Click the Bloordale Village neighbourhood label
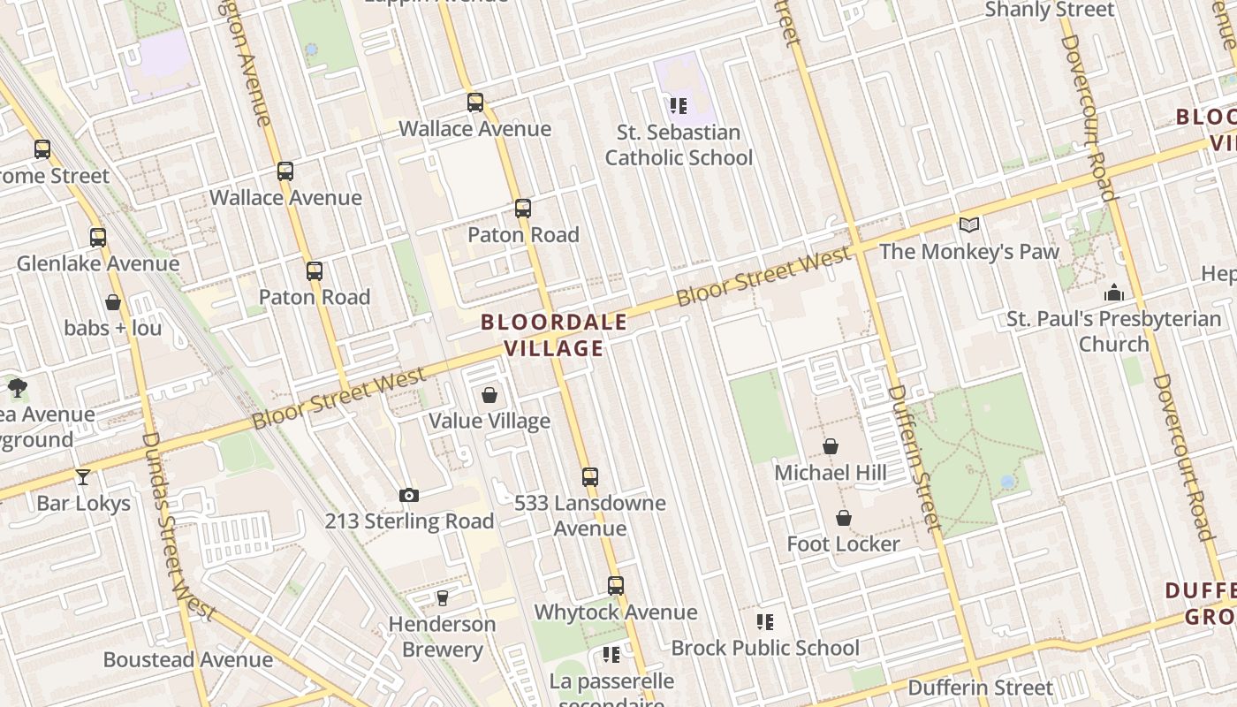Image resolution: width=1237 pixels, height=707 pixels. click(x=554, y=335)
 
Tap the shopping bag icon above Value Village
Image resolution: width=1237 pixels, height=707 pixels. click(x=489, y=395)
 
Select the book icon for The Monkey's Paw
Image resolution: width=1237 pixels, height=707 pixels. click(x=969, y=224)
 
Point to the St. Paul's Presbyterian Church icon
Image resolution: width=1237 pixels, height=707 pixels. click(x=1114, y=293)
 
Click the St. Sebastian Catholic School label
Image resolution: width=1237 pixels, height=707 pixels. click(x=679, y=145)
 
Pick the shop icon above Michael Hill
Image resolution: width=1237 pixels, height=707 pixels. click(x=831, y=446)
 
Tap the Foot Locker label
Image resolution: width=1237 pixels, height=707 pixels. click(x=843, y=544)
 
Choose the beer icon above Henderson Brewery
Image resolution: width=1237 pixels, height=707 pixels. click(x=443, y=598)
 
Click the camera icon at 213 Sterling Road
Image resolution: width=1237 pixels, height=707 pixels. click(x=408, y=495)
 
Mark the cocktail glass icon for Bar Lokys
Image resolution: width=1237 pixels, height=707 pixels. click(x=83, y=477)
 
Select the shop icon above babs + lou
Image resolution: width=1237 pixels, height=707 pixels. click(x=113, y=302)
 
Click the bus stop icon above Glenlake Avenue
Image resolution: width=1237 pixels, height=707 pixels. click(x=98, y=237)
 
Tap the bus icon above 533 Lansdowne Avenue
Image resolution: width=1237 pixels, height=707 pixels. click(x=590, y=477)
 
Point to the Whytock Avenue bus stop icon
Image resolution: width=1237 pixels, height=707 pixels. click(x=616, y=585)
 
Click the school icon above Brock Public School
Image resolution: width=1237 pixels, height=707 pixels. click(x=765, y=622)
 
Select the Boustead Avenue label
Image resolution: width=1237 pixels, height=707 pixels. click(x=188, y=659)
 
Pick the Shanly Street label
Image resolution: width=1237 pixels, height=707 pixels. click(x=1050, y=10)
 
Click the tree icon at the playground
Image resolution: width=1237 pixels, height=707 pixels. click(x=17, y=387)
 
